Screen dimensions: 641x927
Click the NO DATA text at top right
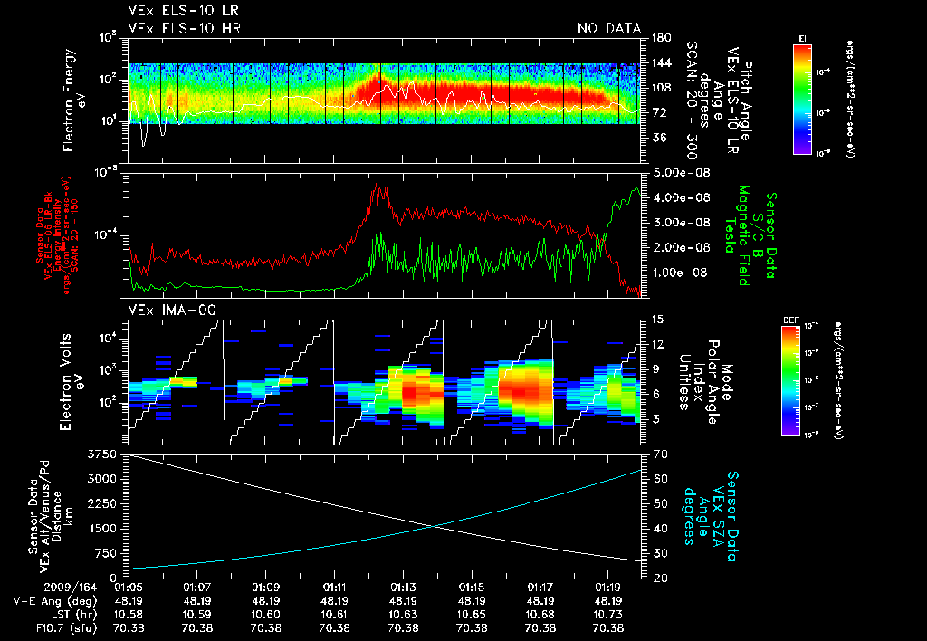(609, 29)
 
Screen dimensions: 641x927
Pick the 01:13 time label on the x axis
(404, 587)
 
